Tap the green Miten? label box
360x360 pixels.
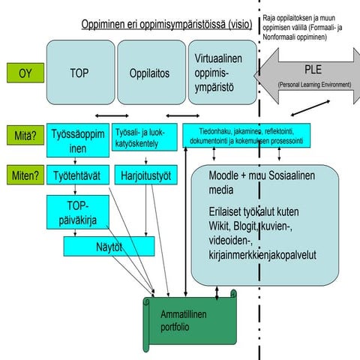[x=24, y=177]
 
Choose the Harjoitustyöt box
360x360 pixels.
[x=146, y=177]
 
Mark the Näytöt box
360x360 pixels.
[x=109, y=245]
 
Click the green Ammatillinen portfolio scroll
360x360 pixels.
[x=182, y=321]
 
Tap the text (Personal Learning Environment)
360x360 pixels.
[x=314, y=85]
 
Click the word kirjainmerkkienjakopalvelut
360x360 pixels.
[x=262, y=255]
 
